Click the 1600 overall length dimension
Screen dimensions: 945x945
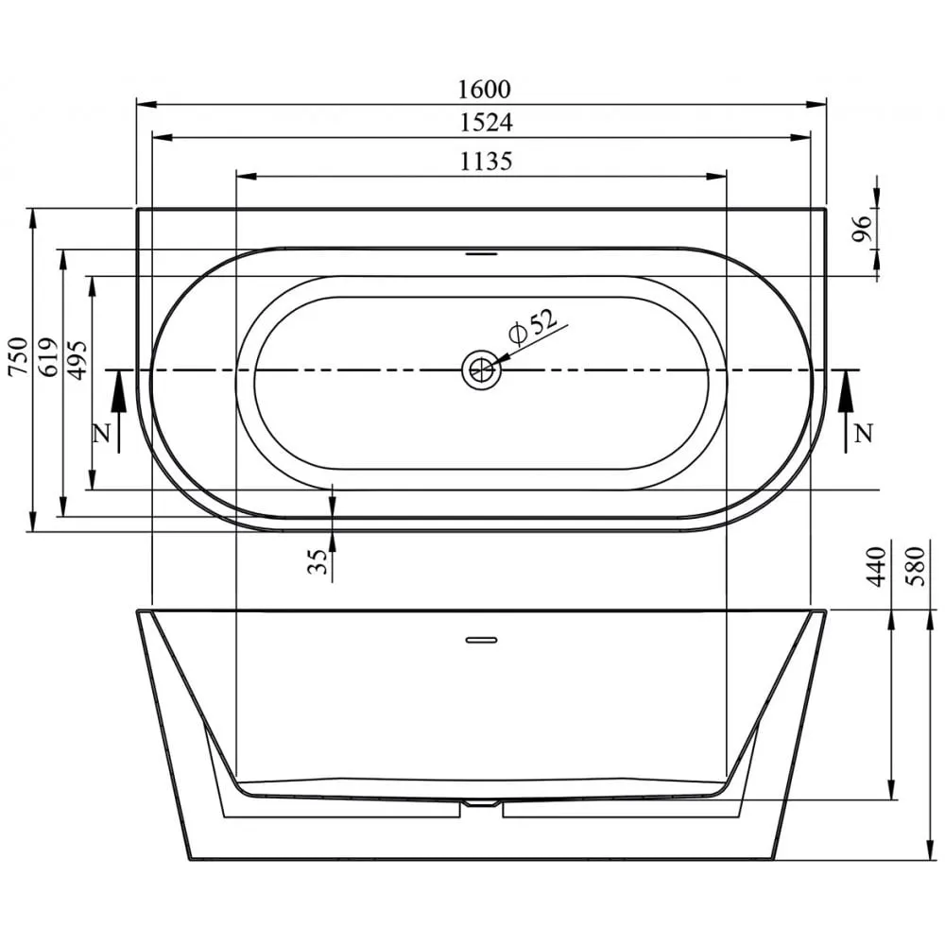pos(483,90)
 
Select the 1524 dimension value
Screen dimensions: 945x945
pos(483,123)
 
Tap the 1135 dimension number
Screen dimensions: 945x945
pos(486,162)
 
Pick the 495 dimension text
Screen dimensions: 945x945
pos(77,357)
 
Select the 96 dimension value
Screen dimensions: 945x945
pos(861,230)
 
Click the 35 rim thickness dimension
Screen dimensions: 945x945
pos(318,563)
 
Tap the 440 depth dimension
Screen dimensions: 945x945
pos(876,566)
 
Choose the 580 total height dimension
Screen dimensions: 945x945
pos(915,566)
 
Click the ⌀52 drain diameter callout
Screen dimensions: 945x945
pos(531,327)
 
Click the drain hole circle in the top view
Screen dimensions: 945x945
pos(481,369)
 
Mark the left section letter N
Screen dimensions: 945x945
pos(102,434)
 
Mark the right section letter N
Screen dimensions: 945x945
pos(862,434)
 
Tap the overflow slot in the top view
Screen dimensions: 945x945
pos(482,253)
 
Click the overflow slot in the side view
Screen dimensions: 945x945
pos(482,638)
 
